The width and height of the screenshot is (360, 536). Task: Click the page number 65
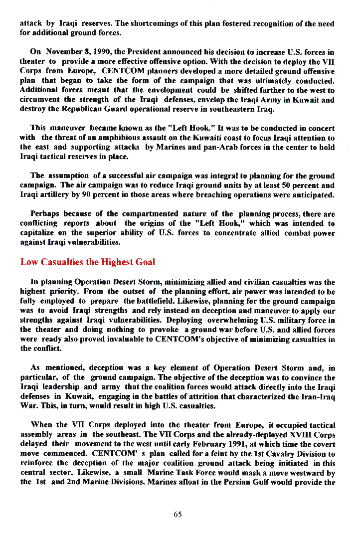pos(178,515)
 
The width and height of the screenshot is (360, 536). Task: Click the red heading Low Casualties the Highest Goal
pos(88,262)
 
